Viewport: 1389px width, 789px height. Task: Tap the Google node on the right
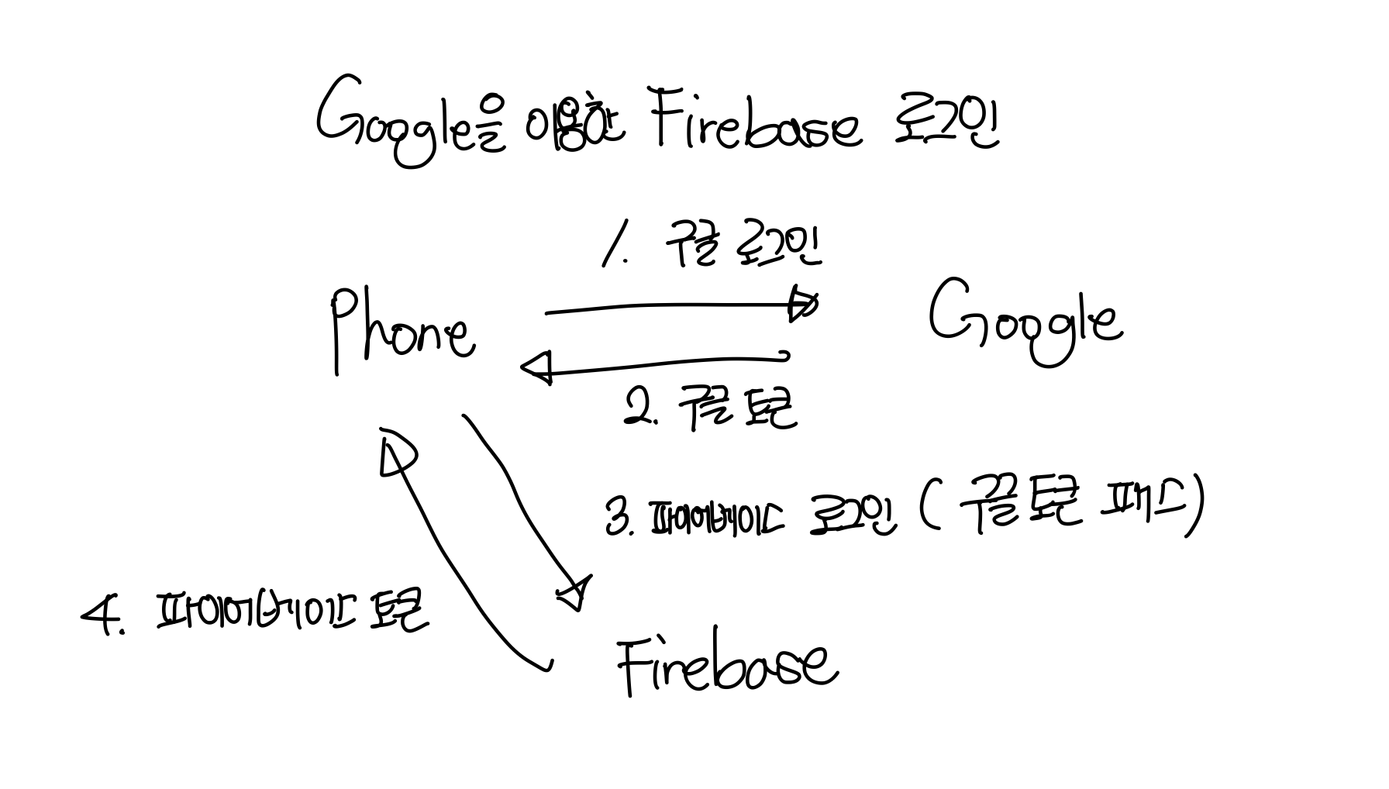pyautogui.click(x=1025, y=319)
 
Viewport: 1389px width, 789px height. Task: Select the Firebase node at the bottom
pyautogui.click(x=727, y=665)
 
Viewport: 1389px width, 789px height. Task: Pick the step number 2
pyautogui.click(x=640, y=408)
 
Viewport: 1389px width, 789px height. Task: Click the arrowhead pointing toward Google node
pyautogui.click(x=802, y=304)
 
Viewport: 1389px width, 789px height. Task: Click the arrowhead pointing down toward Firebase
pyautogui.click(x=575, y=595)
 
